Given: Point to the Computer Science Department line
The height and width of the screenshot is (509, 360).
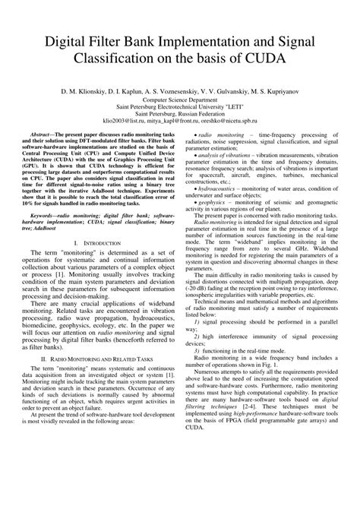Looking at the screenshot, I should (180, 99).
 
